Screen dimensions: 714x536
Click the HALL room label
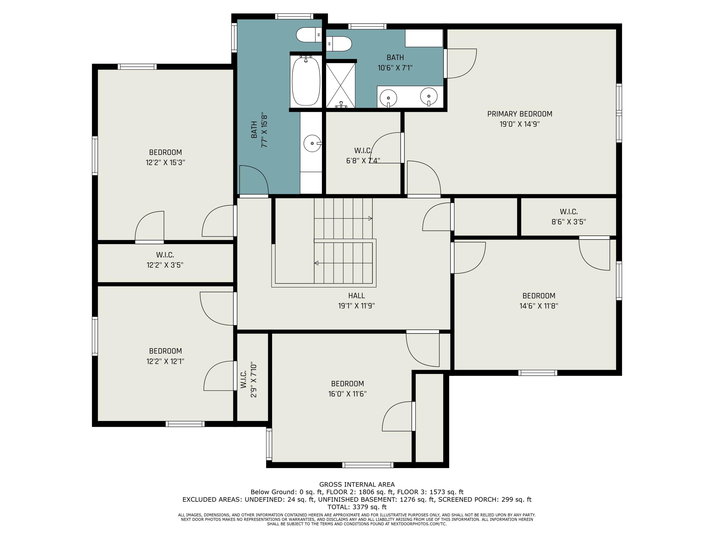pyautogui.click(x=356, y=296)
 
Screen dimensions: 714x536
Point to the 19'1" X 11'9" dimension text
pyautogui.click(x=356, y=306)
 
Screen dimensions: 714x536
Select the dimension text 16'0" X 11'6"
pyautogui.click(x=347, y=394)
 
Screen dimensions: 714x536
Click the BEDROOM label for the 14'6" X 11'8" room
pyautogui.click(x=539, y=296)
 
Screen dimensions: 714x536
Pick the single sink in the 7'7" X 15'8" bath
pyautogui.click(x=312, y=143)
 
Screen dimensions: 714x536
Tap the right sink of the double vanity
pyautogui.click(x=429, y=96)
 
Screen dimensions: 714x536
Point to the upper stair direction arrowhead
pyautogui.click(x=370, y=218)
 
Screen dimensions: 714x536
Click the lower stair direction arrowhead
pyautogui.click(x=316, y=263)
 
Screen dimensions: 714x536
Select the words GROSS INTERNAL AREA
pyautogui.click(x=357, y=484)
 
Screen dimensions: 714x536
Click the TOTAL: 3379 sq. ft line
pyautogui.click(x=357, y=507)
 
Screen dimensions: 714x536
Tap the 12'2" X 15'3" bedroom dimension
pyautogui.click(x=165, y=162)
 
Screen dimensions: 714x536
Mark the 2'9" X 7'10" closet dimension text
pyautogui.click(x=253, y=380)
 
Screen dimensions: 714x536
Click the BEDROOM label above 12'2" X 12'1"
pyautogui.click(x=165, y=351)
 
